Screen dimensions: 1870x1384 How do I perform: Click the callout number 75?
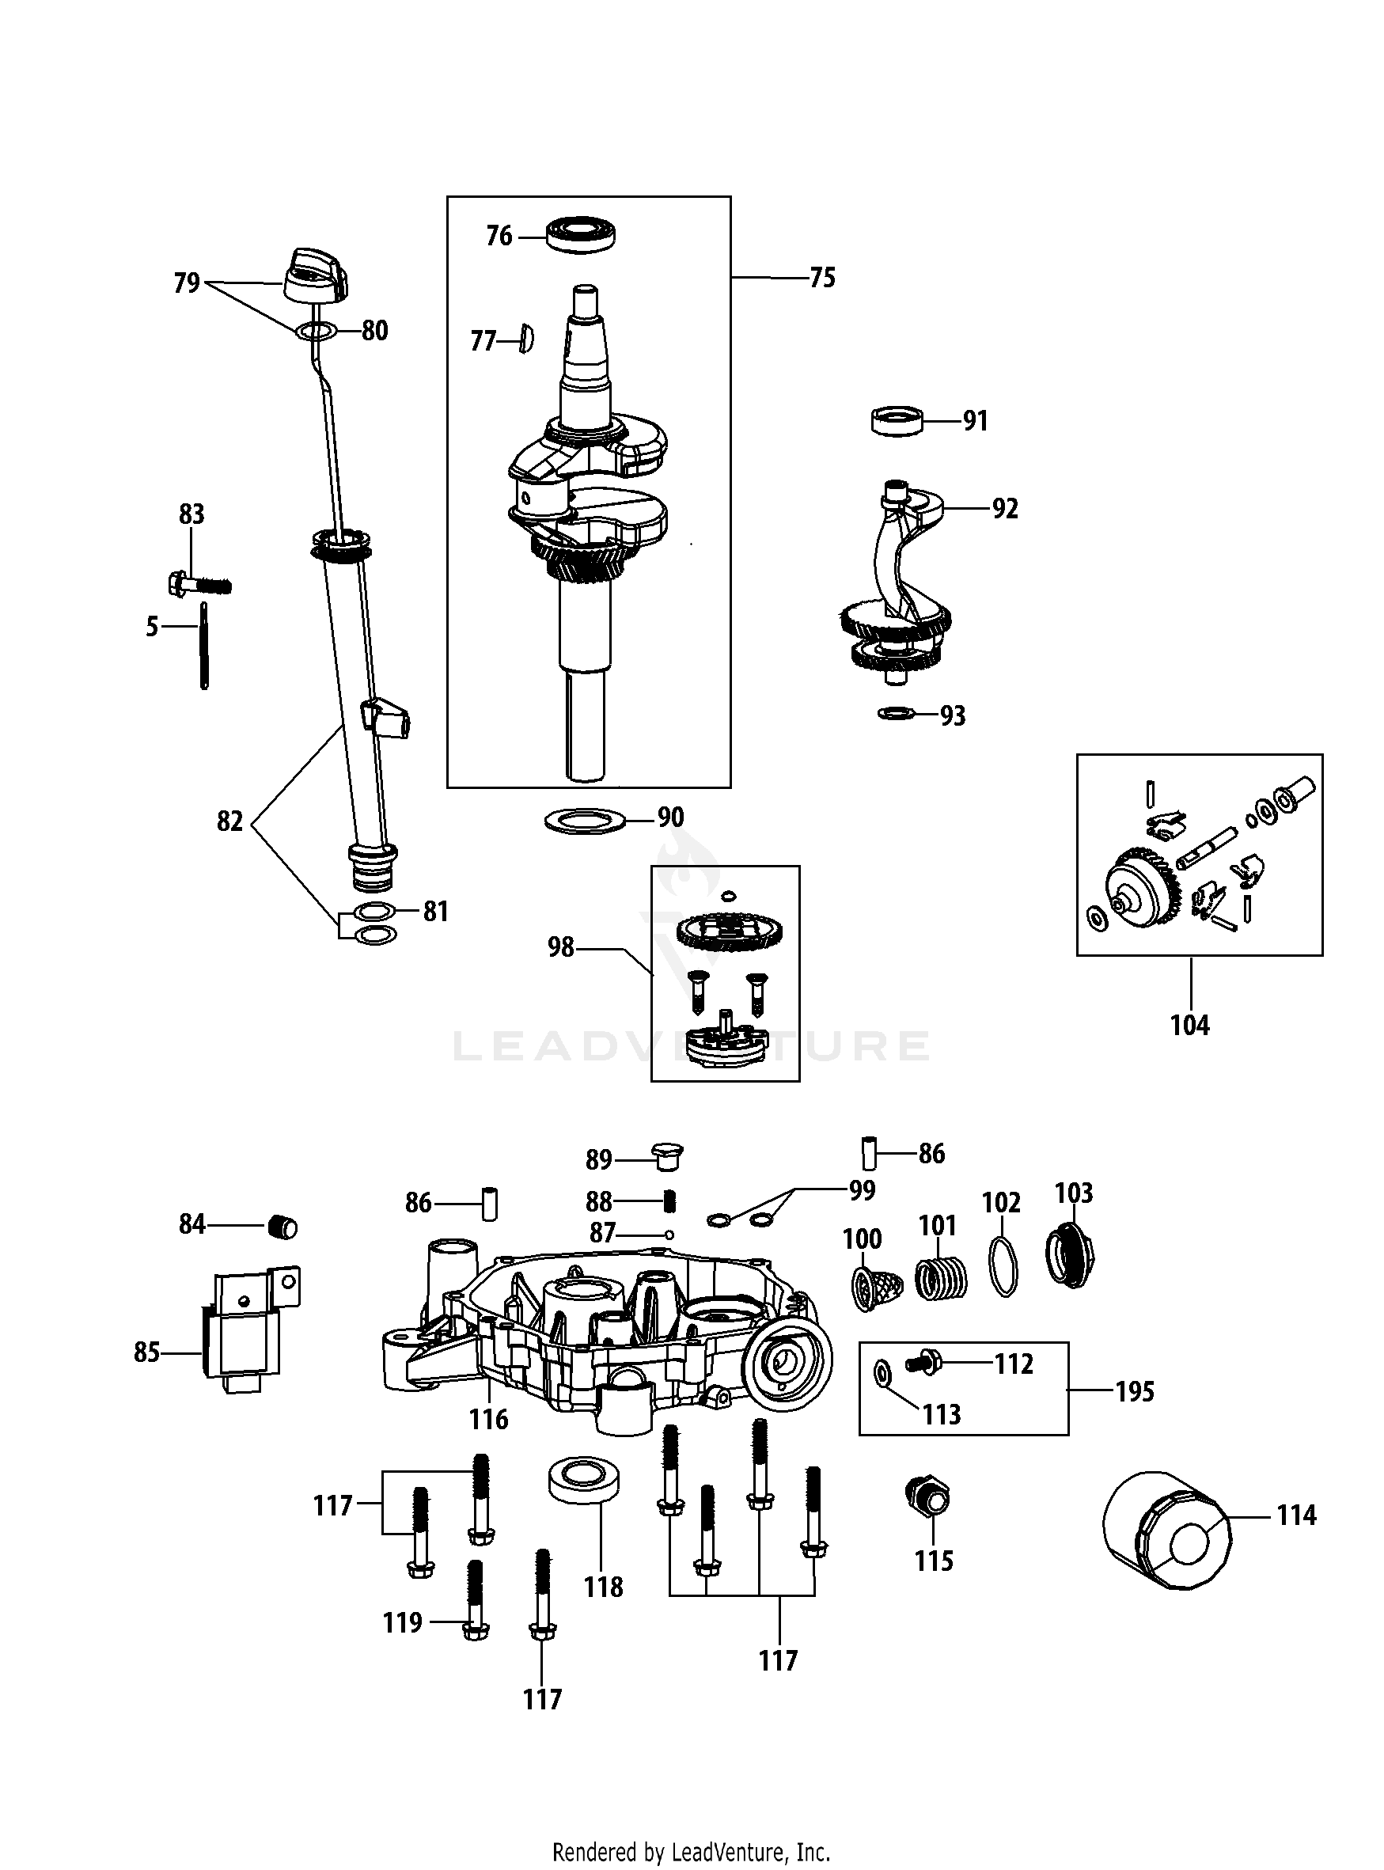[822, 278]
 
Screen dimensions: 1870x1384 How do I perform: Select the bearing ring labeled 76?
[582, 233]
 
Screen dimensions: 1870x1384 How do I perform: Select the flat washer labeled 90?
[586, 820]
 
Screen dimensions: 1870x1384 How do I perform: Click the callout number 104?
[1189, 1025]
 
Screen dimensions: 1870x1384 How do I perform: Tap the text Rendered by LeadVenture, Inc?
[691, 1851]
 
